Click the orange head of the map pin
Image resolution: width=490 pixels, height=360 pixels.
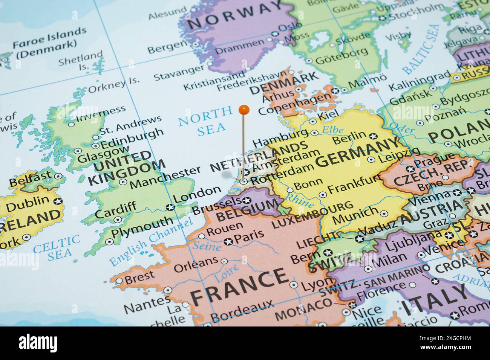244,110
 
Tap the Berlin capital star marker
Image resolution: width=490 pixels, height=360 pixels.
373,136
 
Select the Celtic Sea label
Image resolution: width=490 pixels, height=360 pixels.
56,246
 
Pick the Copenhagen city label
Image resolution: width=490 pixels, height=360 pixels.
294,104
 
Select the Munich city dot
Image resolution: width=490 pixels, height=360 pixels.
384,214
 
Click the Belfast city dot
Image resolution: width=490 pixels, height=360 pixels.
58,176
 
